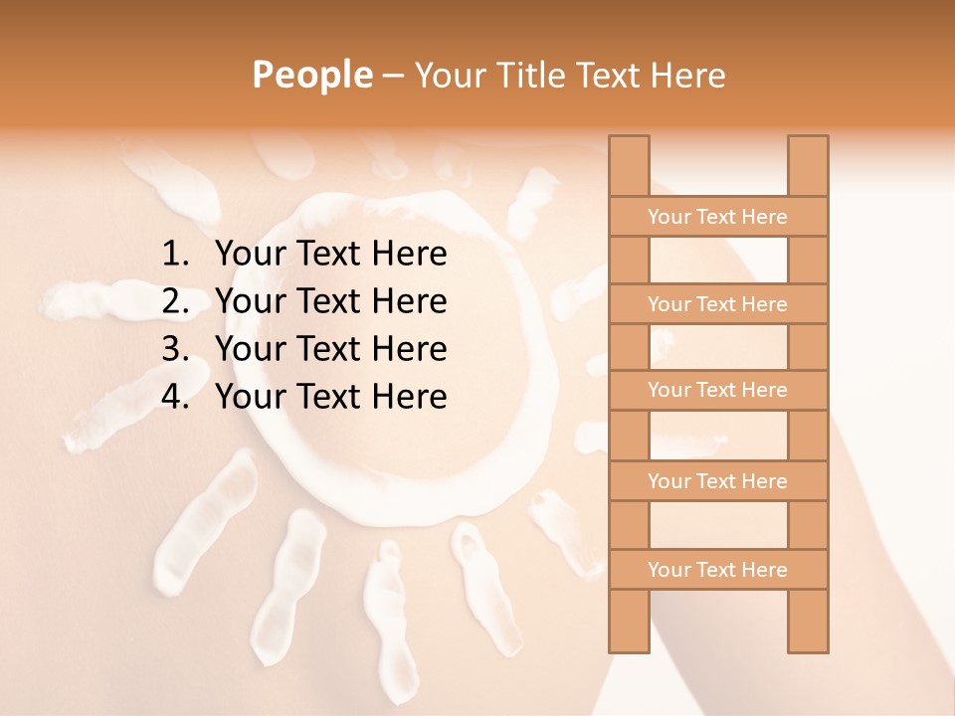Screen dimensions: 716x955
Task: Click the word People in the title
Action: point(310,75)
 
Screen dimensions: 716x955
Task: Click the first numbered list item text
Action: point(330,255)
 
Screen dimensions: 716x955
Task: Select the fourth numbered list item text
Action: point(330,397)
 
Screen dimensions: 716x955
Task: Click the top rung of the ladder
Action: point(717,217)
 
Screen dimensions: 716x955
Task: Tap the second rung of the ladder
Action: point(717,304)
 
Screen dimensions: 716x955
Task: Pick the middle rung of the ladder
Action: point(717,390)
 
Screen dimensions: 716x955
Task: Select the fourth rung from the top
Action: point(717,481)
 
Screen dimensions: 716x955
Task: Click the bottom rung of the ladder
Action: point(717,570)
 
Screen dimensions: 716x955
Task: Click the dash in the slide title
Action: point(392,76)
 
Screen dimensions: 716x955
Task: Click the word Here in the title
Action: point(688,75)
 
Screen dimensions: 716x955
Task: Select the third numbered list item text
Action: point(330,349)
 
